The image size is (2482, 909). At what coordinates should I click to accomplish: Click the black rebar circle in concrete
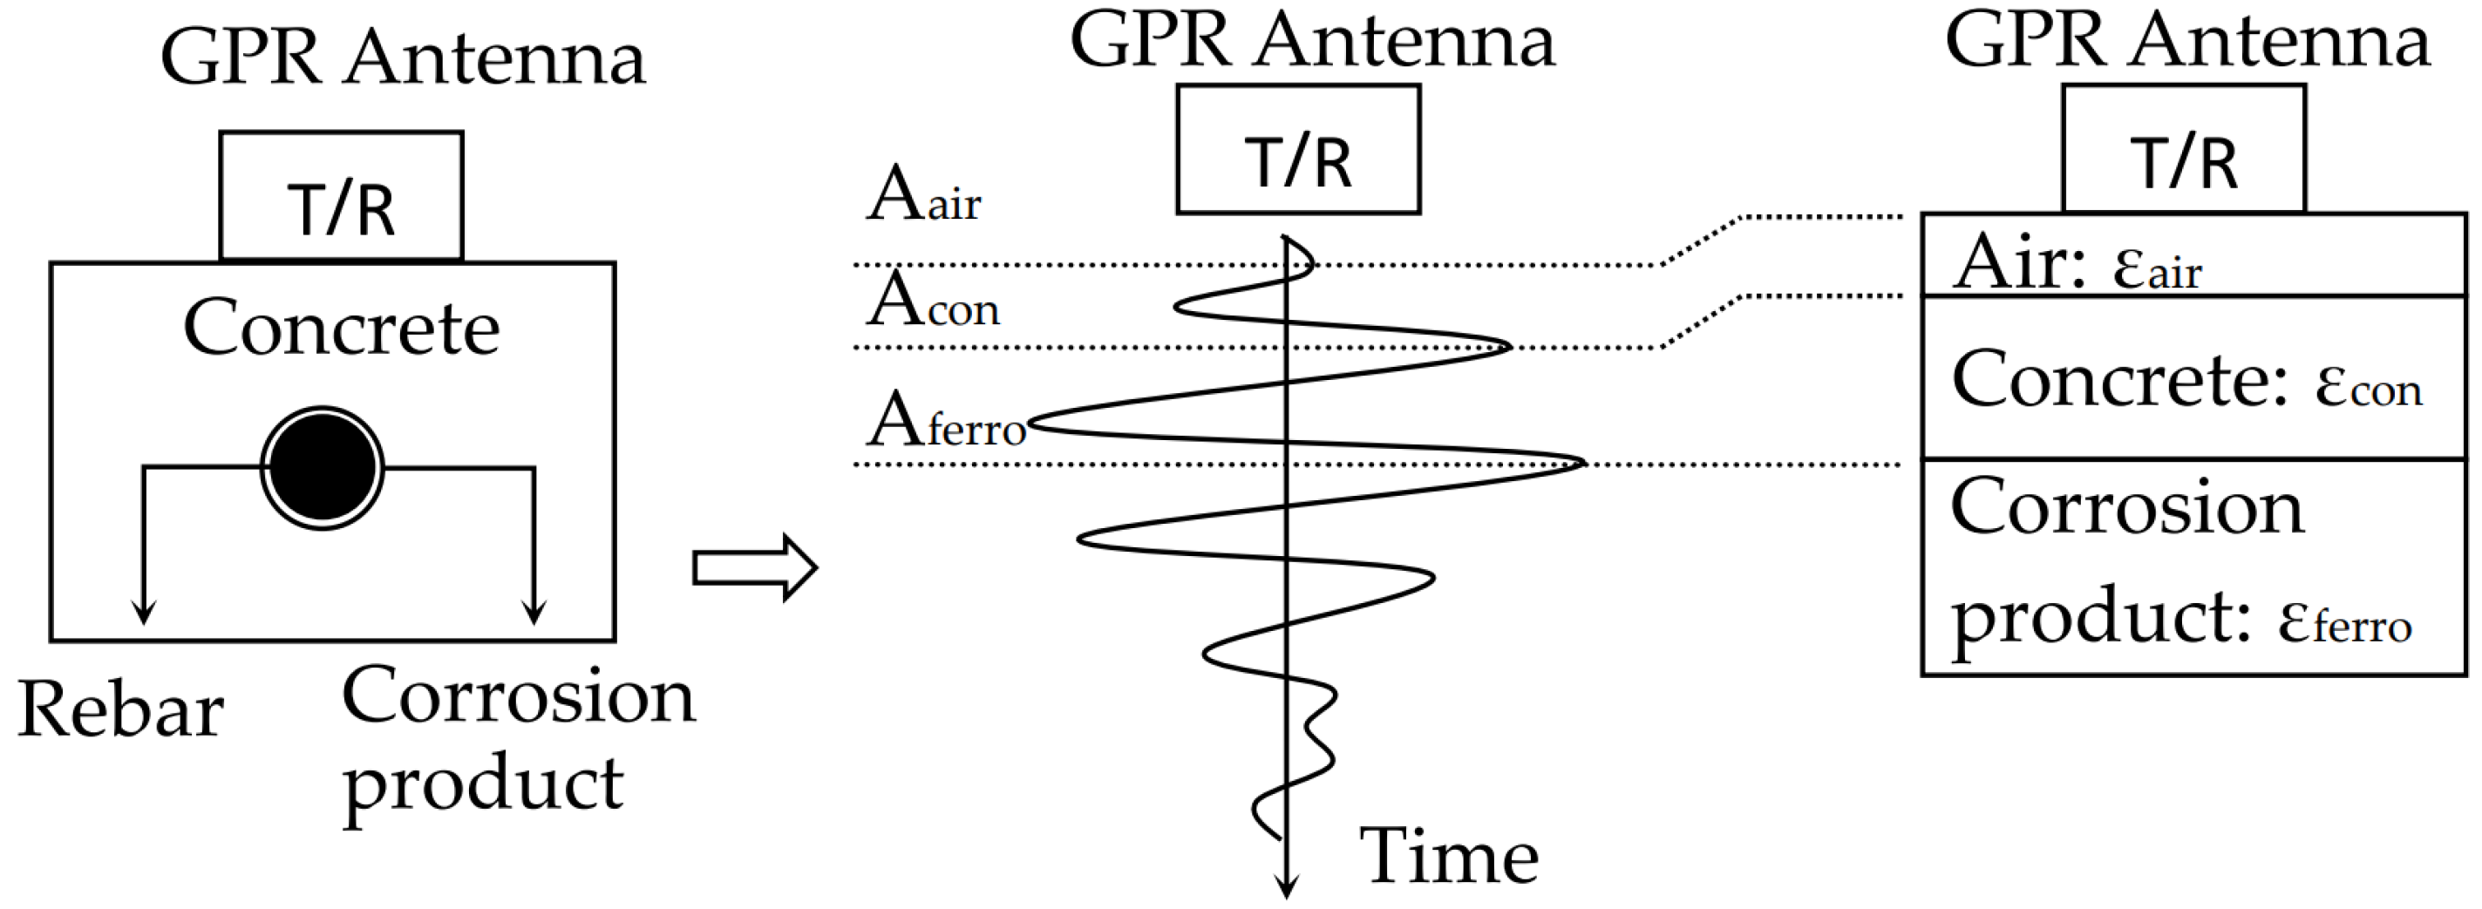[322, 468]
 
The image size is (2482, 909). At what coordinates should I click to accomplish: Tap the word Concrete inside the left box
[341, 329]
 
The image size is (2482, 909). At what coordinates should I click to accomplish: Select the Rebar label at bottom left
[120, 710]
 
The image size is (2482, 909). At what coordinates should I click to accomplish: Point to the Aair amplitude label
[922, 196]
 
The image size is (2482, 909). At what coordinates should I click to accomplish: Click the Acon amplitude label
[932, 302]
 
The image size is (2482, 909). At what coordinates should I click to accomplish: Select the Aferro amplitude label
[945, 423]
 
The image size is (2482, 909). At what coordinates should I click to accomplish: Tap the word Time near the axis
[1448, 856]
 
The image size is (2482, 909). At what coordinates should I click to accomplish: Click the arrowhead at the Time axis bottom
[1286, 887]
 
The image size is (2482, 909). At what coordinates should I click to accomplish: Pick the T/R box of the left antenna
[341, 196]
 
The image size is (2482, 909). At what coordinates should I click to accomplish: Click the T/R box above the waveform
[1298, 150]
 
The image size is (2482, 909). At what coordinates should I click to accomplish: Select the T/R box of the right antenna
[2183, 149]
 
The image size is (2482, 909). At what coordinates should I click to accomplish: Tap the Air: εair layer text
[2077, 262]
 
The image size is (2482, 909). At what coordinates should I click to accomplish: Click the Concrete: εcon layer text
[2186, 380]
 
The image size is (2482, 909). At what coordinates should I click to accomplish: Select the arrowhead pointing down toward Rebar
[144, 613]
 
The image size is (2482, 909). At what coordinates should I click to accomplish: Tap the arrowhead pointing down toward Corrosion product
[534, 613]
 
